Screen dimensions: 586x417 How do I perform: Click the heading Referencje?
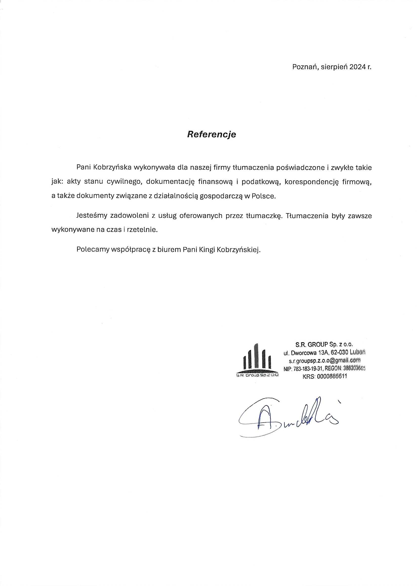211,134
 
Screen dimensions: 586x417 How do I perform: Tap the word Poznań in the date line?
305,67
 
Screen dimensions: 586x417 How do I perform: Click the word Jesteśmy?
91,216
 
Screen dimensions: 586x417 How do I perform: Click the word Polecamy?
92,249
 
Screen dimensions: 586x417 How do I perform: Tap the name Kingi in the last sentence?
207,249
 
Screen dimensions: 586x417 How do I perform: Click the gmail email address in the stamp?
325,361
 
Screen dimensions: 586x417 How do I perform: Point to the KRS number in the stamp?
325,377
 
